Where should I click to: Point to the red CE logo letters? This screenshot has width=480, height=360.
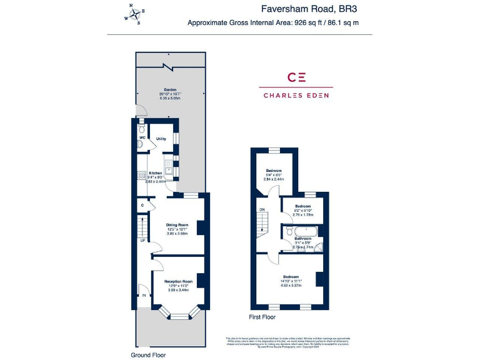point(296,77)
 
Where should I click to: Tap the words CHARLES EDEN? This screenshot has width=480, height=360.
point(296,96)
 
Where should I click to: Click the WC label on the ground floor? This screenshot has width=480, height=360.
point(142,137)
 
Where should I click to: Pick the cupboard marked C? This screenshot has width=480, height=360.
point(142,205)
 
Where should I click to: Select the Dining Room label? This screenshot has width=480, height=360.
point(177,225)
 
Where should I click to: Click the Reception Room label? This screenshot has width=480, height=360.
point(178,281)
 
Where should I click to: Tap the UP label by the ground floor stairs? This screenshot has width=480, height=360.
point(142,241)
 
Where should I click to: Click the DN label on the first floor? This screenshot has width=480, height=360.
point(262,209)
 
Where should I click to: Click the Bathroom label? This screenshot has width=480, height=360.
point(303,239)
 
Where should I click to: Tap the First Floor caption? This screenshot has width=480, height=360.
point(262,317)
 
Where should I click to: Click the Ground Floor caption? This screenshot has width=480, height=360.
point(148,354)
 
